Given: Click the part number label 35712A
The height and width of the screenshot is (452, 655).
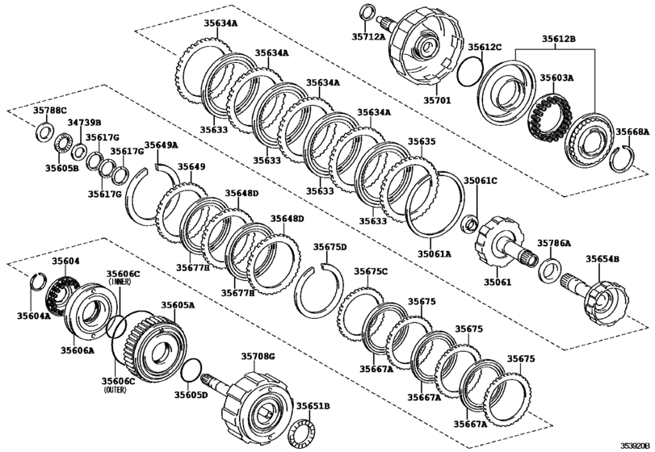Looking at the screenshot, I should coord(367,36).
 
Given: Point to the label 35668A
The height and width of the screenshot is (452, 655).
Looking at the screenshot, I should coord(632,132).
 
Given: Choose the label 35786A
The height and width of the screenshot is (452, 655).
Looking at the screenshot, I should coord(554,242).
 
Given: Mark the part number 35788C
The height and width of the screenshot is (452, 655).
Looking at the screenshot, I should coord(50,110).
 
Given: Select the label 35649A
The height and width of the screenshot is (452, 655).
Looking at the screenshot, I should coord(161,145).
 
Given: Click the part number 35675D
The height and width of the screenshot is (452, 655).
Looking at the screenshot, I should coord(330,247).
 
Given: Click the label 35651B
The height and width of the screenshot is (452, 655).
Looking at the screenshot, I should coord(313,406).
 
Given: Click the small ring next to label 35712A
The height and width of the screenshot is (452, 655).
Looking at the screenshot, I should coord(366,12).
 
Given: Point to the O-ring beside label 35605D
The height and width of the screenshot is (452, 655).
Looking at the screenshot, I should coord(190,370).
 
